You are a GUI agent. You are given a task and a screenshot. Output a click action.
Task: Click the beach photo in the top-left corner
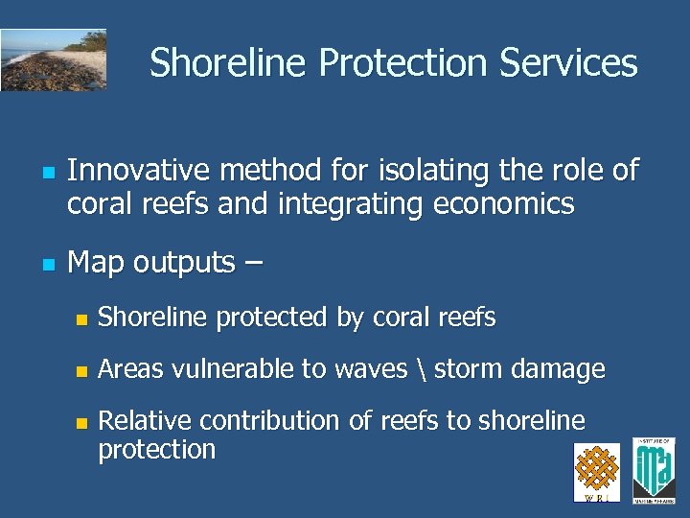pyautogui.click(x=53, y=59)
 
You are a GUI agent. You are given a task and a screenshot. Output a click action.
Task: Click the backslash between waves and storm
pyautogui.click(x=422, y=369)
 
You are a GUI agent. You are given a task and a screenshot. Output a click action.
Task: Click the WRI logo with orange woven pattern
pyautogui.click(x=596, y=471)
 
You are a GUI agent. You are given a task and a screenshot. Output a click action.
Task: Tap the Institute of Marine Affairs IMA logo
pyautogui.click(x=654, y=469)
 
